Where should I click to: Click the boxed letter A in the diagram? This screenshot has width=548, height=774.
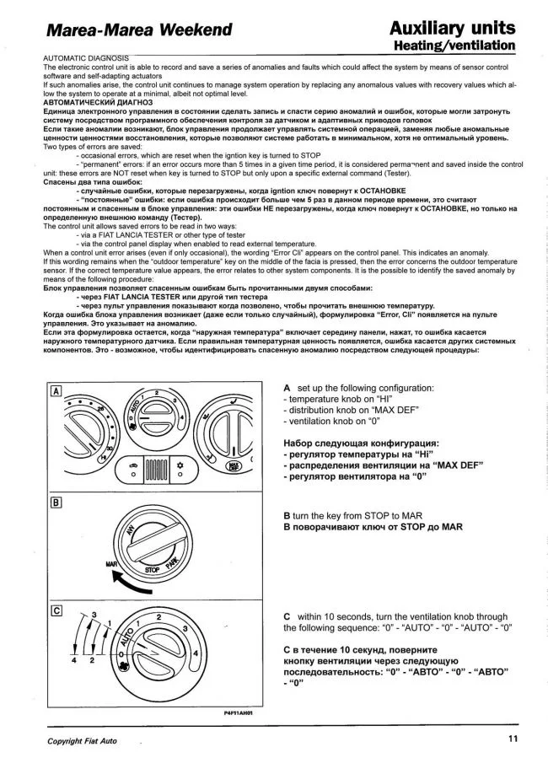(56, 391)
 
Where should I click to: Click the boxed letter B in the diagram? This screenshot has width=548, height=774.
(56, 503)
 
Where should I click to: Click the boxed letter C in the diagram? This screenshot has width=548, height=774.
(56, 610)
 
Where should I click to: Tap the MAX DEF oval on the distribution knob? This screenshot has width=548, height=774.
(234, 464)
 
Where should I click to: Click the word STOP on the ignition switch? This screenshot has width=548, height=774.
(155, 571)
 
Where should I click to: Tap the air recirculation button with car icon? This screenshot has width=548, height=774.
(133, 468)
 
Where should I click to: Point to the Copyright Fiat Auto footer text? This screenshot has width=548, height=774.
(83, 741)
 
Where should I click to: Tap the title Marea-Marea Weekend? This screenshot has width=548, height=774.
(139, 31)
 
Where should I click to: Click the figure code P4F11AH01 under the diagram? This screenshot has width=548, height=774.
(238, 712)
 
